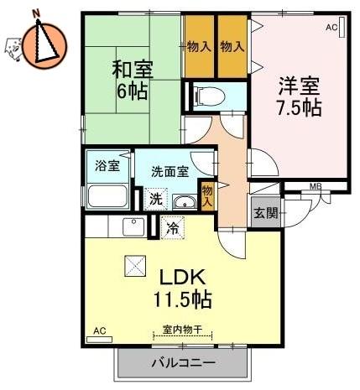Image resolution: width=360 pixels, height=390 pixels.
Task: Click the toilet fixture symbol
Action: pos(209,96)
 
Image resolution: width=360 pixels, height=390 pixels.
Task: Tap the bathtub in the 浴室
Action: pos(107,195)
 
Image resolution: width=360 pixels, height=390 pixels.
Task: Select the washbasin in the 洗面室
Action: pos(185,201)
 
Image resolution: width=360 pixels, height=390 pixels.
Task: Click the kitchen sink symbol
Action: pos(133,226)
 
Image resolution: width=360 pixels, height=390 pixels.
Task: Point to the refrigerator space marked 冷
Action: pos(173,228)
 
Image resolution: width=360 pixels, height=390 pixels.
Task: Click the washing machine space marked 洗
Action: pos(156,199)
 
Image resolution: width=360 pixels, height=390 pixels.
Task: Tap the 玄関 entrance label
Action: pos(266,213)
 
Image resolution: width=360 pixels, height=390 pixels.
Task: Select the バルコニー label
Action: pos(184,363)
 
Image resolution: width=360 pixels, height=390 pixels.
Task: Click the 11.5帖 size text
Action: pos(182,299)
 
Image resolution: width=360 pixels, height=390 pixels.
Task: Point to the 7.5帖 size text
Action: pos(299,107)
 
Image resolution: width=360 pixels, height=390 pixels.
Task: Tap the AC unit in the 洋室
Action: pos(342,27)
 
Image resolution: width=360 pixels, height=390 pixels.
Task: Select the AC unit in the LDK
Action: pos(100,340)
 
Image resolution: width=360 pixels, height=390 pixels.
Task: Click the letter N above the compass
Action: pos(36,13)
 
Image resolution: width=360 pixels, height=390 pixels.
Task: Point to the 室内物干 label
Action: pos(182,330)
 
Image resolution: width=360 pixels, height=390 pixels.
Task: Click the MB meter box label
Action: pos(316,186)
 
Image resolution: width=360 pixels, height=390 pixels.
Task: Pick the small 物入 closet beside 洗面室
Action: pos(207,195)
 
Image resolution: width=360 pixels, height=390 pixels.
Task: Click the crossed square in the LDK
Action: pos(135,266)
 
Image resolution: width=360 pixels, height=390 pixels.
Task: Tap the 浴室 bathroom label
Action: pos(107,165)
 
